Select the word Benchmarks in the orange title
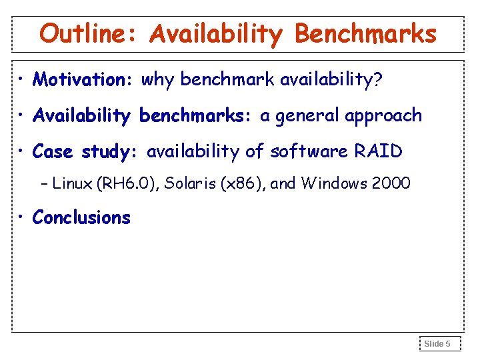pos(365,33)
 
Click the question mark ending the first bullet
pos(378,80)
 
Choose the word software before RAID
pos(304,152)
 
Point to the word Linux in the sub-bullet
pos(73,183)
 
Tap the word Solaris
pos(189,183)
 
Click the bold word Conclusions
pos(81,218)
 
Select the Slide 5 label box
pos(438,344)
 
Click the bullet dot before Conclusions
pos(23,218)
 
